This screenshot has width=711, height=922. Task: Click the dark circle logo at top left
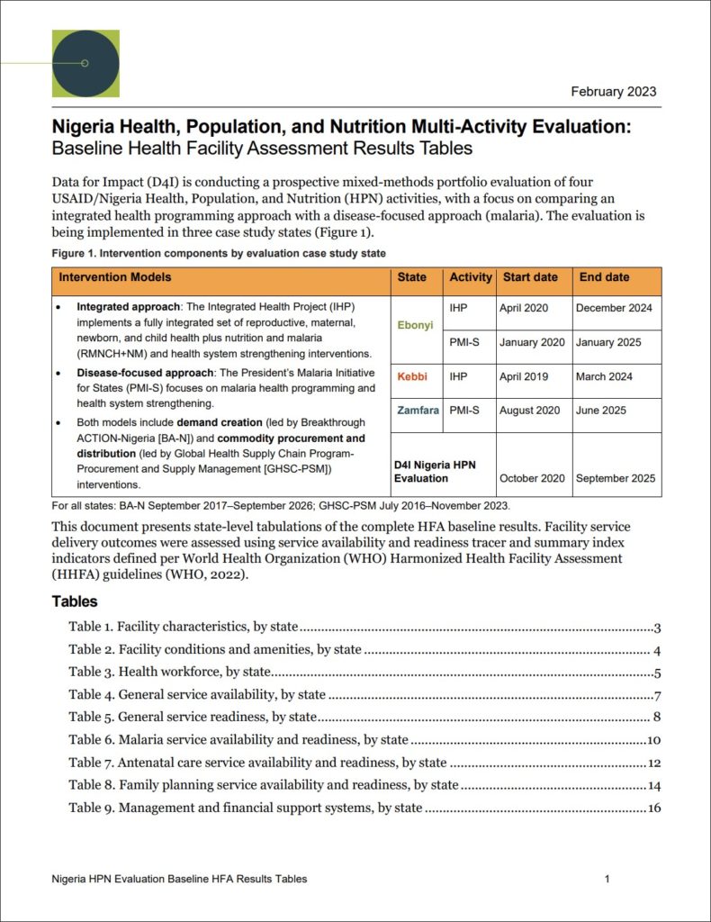[86, 63]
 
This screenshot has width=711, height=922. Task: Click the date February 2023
[614, 91]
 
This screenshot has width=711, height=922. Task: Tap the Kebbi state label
[413, 375]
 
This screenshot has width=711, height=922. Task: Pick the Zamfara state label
[418, 411]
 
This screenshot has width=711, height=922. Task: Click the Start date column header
[530, 277]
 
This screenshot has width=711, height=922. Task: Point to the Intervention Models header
[114, 277]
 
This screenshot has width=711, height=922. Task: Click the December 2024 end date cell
[615, 308]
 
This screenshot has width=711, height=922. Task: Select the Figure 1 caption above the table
[219, 253]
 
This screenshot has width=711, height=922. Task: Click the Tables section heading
[75, 601]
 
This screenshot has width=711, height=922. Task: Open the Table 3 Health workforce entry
[170, 672]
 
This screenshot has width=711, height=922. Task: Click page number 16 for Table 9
[653, 808]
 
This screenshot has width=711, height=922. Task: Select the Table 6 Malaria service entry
[238, 740]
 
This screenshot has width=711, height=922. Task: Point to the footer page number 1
[607, 879]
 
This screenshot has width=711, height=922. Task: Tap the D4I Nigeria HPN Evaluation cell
[435, 472]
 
